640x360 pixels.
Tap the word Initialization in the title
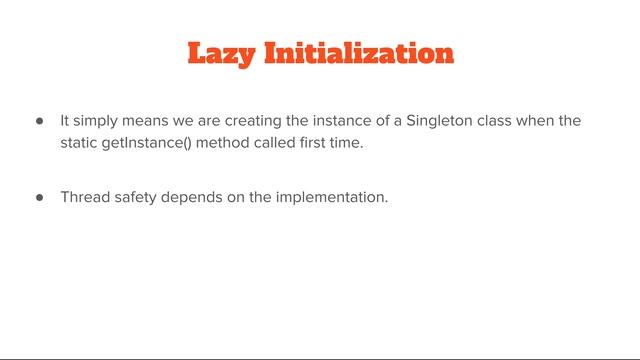tap(359, 53)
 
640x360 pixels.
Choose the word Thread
tap(83, 197)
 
